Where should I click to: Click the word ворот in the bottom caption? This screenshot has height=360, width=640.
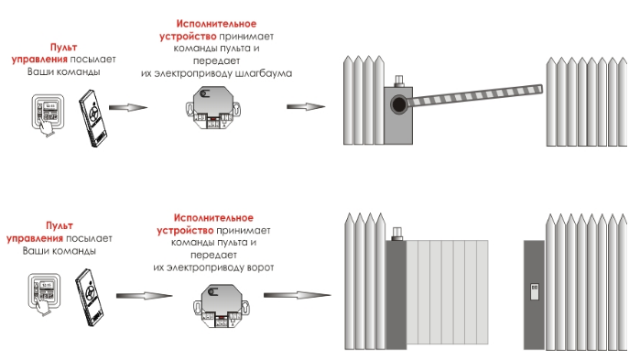[260, 267]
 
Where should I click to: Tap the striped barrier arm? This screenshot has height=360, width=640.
[475, 96]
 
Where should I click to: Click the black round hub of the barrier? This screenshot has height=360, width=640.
[399, 104]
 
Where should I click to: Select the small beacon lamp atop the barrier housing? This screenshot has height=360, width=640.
[399, 81]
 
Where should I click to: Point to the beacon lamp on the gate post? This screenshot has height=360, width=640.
[396, 234]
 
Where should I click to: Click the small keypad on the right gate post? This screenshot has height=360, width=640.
[535, 292]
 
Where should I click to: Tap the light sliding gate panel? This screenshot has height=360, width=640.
[448, 292]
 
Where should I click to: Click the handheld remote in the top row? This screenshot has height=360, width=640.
[93, 118]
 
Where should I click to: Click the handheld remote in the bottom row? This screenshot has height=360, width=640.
[90, 297]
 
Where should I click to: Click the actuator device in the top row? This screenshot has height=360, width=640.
[212, 108]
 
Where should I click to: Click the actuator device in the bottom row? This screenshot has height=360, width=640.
[221, 306]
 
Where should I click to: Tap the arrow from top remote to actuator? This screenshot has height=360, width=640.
[128, 107]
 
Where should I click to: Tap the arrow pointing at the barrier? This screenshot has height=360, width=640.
[306, 107]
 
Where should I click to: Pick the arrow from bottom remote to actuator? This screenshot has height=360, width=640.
[144, 296]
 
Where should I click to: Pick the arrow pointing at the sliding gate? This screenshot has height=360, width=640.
[298, 295]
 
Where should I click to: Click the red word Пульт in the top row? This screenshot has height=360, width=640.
[64, 48]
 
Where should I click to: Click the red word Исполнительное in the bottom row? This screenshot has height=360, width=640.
[213, 217]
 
